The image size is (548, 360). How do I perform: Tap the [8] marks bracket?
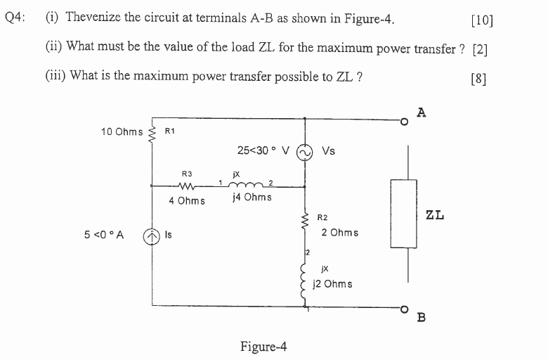click(479, 77)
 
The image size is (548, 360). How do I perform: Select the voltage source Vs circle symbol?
click(304, 151)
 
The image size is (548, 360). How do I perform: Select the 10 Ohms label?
click(122, 131)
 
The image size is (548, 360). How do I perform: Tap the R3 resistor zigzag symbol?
click(186, 187)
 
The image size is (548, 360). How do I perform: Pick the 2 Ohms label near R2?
click(339, 233)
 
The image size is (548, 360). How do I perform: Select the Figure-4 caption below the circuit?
click(263, 347)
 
